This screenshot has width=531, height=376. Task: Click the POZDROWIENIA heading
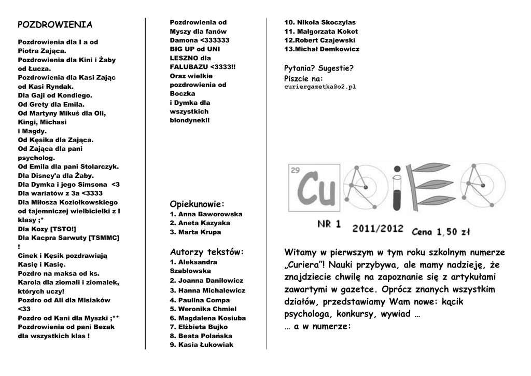point(55,24)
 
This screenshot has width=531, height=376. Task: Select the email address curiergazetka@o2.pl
point(320,87)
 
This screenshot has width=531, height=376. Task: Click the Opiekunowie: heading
point(197,204)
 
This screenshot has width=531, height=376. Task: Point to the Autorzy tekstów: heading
point(206,252)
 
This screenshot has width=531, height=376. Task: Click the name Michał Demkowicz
point(326,49)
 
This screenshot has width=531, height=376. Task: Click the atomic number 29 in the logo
point(296,170)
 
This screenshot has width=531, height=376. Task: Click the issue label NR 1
point(329,224)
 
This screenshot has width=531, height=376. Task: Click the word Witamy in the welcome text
point(300,253)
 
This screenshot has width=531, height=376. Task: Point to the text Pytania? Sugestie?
point(319,68)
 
